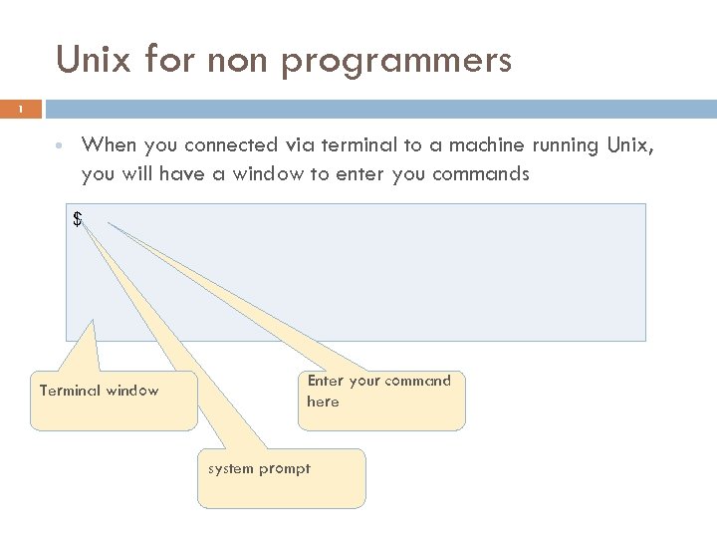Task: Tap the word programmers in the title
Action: pyautogui.click(x=396, y=62)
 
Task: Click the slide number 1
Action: pyautogui.click(x=22, y=109)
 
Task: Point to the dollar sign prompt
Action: pyautogui.click(x=78, y=219)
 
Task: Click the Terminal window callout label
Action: pyautogui.click(x=99, y=391)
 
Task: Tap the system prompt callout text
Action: pyautogui.click(x=259, y=468)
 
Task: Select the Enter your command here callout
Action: pyautogui.click(x=378, y=391)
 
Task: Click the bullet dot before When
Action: pyautogui.click(x=61, y=145)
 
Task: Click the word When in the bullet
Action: pyautogui.click(x=109, y=145)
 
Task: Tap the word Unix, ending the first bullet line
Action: pyautogui.click(x=630, y=145)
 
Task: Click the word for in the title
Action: pyautogui.click(x=170, y=60)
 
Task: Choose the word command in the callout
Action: pyautogui.click(x=418, y=381)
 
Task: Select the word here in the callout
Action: pyautogui.click(x=323, y=402)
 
